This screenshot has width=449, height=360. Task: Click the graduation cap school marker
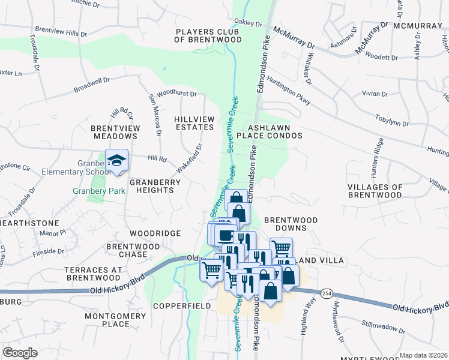116,160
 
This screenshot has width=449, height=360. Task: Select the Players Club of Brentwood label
208,35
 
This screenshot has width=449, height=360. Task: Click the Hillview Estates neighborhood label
194,123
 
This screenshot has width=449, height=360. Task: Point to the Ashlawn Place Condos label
275,131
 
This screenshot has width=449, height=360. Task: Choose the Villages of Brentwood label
375,191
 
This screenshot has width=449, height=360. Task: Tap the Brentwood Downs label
286,224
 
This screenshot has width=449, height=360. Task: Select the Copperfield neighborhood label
181,305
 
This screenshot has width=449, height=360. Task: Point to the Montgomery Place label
107,320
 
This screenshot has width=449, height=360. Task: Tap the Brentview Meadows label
115,132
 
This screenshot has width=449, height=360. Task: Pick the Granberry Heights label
147,186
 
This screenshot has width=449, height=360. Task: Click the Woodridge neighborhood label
155,233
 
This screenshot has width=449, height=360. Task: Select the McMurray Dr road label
294,37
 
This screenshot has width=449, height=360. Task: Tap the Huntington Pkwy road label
289,93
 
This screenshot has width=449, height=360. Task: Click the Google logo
20,352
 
